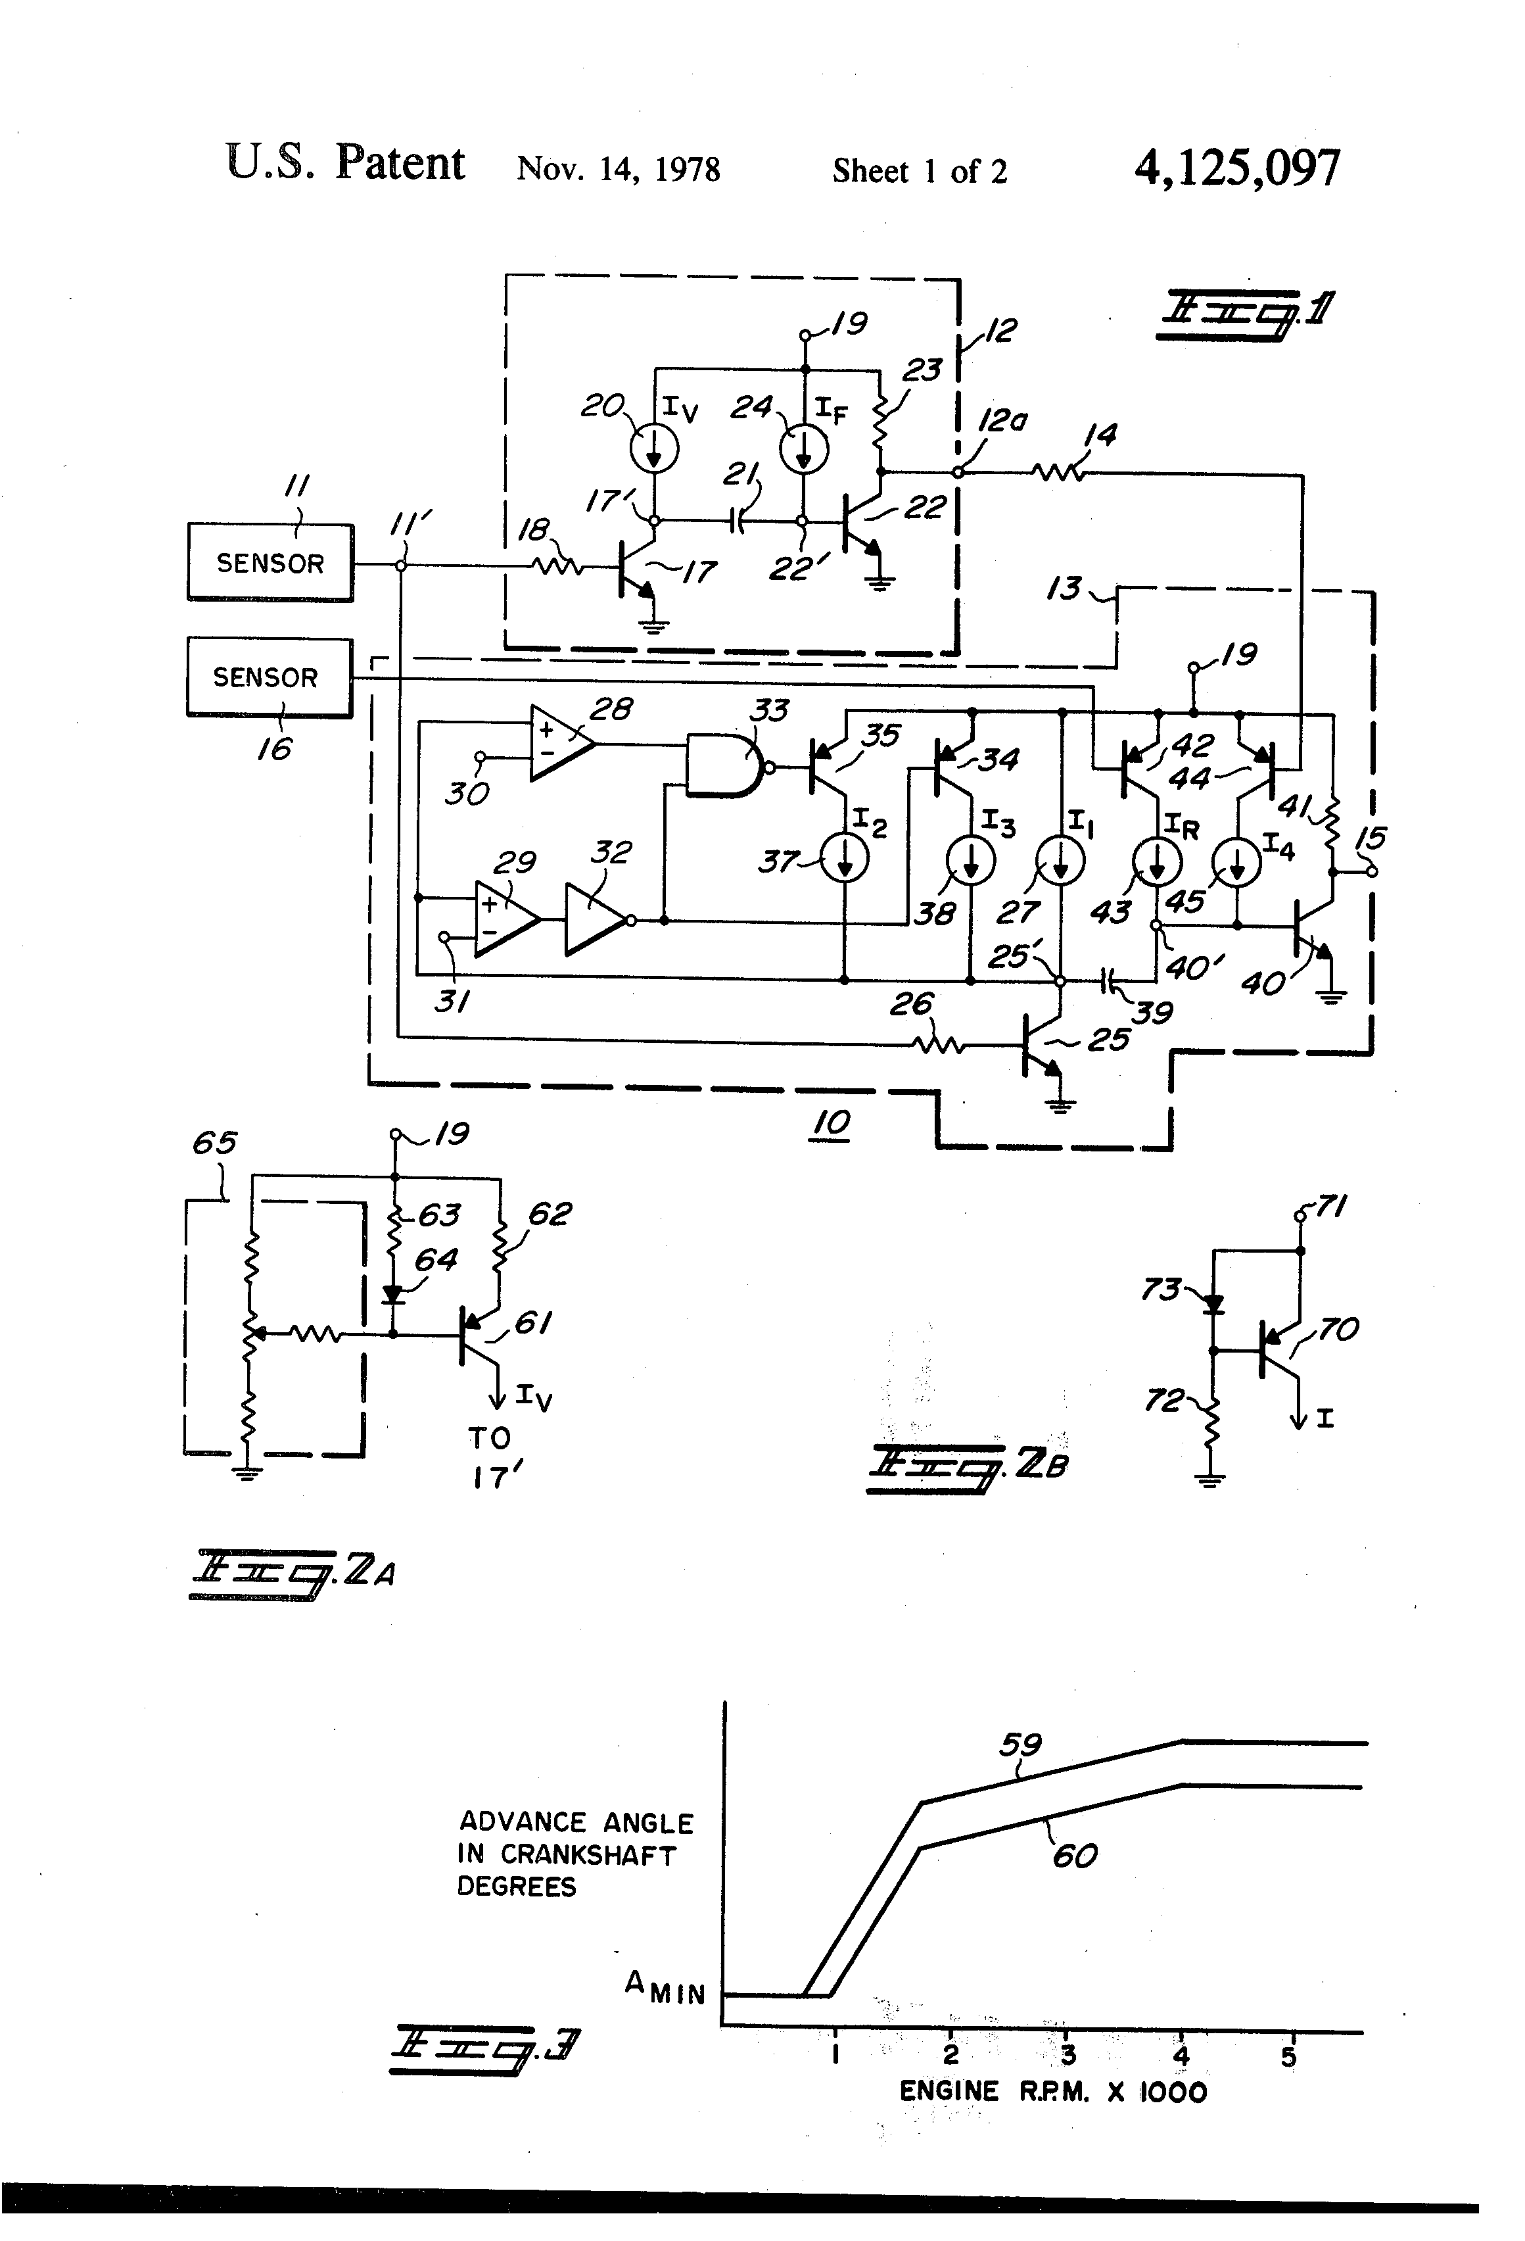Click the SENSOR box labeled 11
pyautogui.click(x=270, y=562)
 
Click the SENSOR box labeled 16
pyautogui.click(x=269, y=677)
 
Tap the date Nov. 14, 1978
pyautogui.click(x=618, y=169)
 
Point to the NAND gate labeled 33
pyautogui.click(x=725, y=767)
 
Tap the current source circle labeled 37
pyautogui.click(x=845, y=858)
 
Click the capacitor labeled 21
pyautogui.click(x=738, y=521)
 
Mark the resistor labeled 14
pyautogui.click(x=1058, y=473)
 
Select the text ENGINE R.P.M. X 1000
pyautogui.click(x=1052, y=2092)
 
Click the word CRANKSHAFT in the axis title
pyautogui.click(x=588, y=1854)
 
